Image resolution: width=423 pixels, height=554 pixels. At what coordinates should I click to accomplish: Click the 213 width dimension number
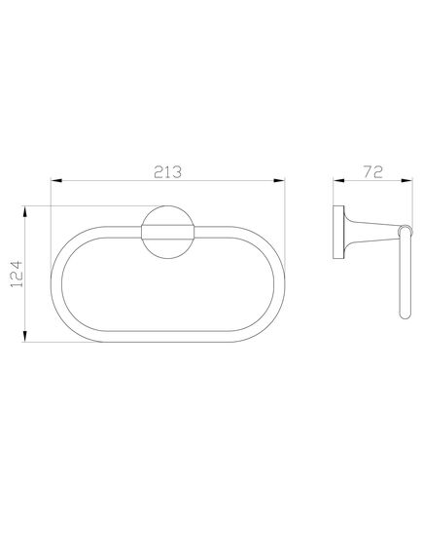[167, 169]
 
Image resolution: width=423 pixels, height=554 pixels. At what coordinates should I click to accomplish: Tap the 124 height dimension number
[16, 276]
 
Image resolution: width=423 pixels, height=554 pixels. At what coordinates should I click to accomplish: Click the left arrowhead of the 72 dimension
[336, 179]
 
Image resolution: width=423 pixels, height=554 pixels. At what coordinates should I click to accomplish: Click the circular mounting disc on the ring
[167, 234]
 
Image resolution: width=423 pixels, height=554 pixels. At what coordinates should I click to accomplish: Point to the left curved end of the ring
[54, 287]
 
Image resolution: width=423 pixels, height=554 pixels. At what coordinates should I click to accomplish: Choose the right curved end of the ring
[281, 287]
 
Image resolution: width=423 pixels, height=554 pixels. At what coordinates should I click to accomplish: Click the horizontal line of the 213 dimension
[117, 179]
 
